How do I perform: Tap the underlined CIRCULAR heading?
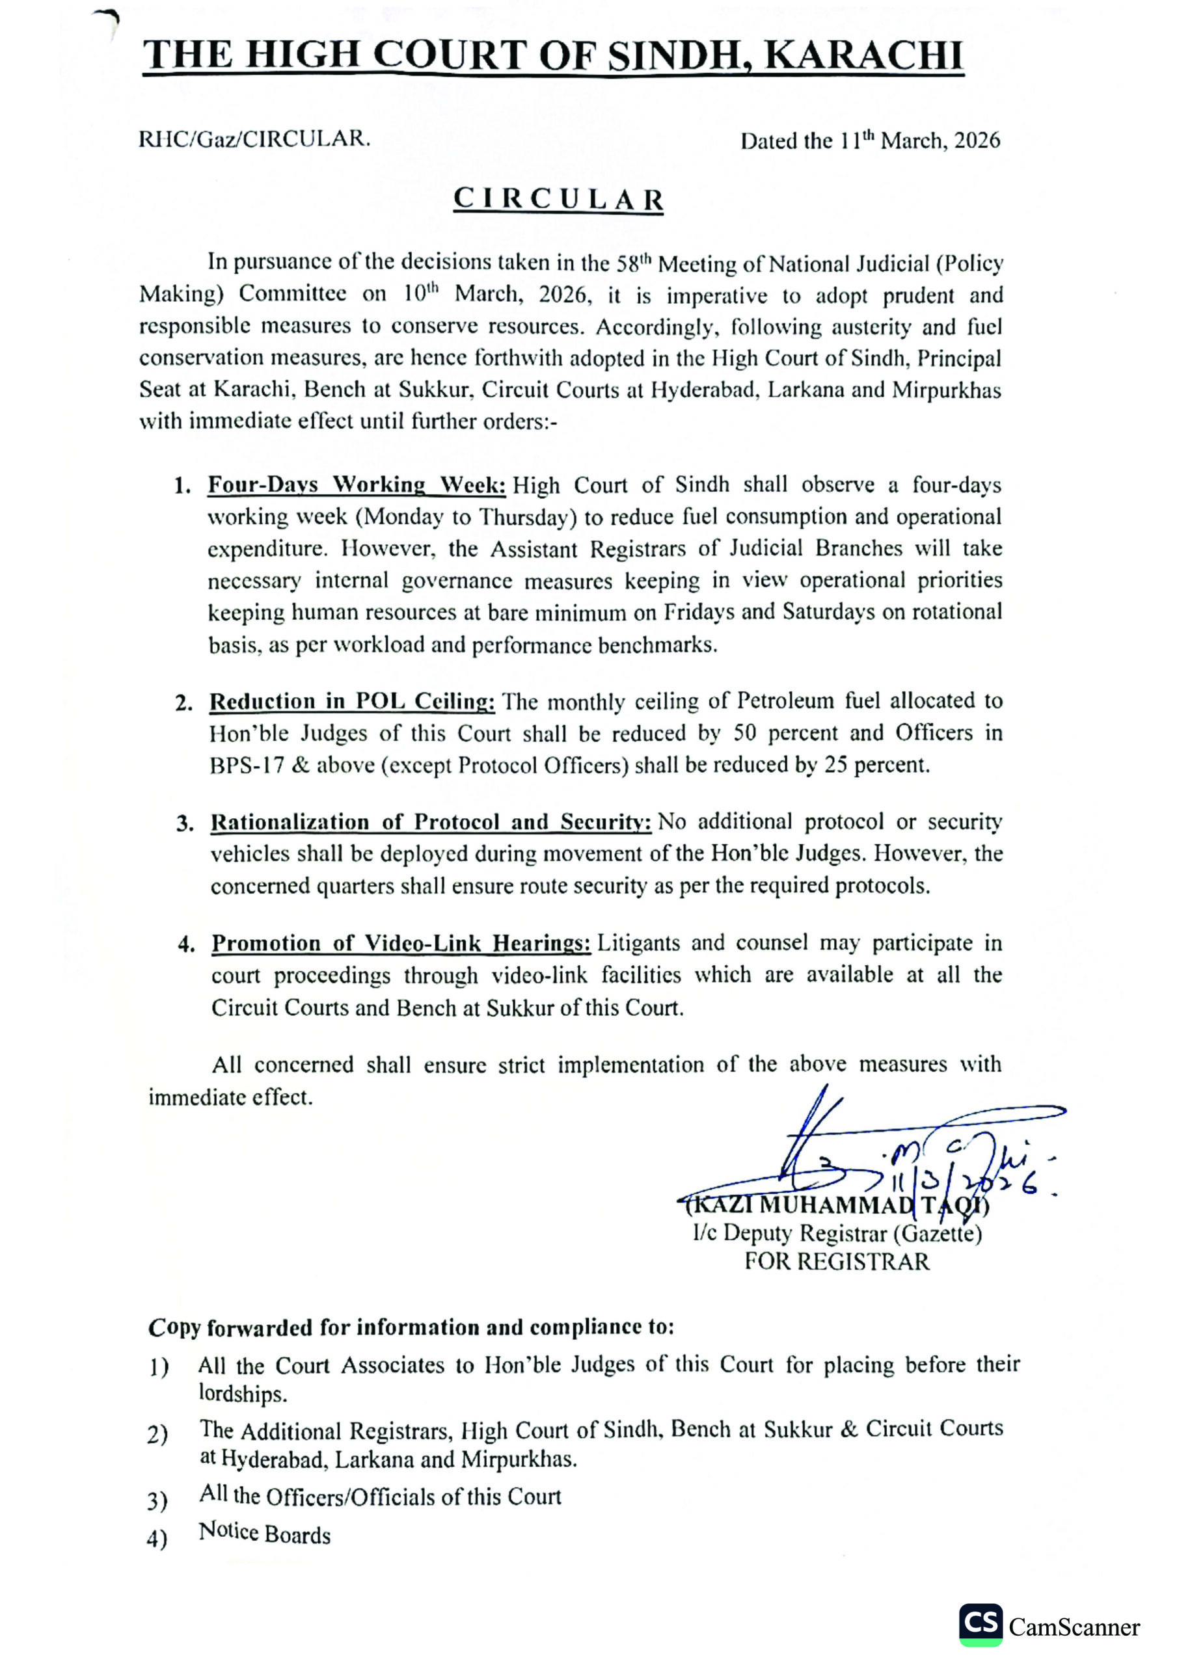pos(558,200)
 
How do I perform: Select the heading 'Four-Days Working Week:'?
pos(357,485)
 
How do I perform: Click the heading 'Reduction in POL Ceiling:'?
pos(353,701)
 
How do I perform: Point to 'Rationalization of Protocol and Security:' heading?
pos(430,822)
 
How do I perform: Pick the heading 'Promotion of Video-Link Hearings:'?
pos(401,944)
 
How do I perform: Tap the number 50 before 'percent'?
pos(745,733)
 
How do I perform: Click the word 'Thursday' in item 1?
pos(523,517)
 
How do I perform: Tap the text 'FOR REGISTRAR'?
pos(837,1262)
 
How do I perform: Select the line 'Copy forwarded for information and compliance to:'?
pos(411,1327)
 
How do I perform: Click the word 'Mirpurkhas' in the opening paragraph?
pos(946,391)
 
